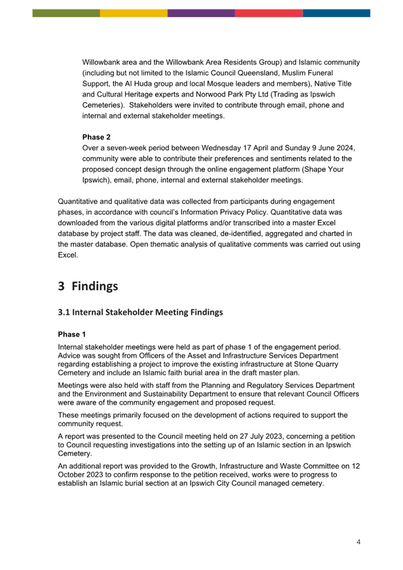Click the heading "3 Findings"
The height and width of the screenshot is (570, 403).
click(88, 286)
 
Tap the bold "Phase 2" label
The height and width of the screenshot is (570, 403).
click(96, 137)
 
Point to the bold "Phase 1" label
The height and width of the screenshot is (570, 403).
click(72, 334)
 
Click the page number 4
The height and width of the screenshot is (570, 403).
click(358, 542)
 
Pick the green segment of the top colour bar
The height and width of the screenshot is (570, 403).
click(66, 13)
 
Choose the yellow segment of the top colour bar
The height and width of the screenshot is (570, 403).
click(134, 13)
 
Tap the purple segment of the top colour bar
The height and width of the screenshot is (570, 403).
click(201, 13)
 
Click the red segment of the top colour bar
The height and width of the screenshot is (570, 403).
click(269, 13)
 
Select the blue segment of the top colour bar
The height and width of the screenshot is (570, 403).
click(336, 13)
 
